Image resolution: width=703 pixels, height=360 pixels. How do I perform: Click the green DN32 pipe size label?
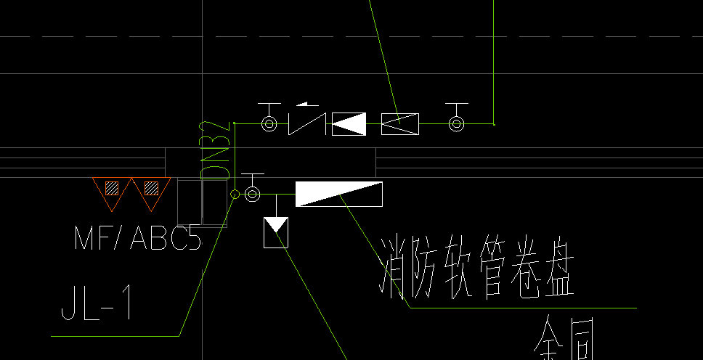point(216,151)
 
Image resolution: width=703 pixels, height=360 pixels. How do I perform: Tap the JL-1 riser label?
point(96,303)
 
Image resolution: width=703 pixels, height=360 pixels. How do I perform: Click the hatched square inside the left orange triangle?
point(111,188)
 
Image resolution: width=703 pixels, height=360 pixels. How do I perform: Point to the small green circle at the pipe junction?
point(235,194)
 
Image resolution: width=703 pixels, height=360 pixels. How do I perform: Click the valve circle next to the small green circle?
point(252,194)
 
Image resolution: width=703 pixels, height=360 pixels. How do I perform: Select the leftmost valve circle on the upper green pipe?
point(269,124)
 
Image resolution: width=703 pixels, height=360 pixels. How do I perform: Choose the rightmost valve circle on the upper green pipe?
point(456,124)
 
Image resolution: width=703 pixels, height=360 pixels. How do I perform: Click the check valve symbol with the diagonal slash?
point(306,124)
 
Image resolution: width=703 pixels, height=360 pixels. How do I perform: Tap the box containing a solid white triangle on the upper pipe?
point(349,124)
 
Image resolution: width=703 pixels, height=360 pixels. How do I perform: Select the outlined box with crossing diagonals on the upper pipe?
point(400,124)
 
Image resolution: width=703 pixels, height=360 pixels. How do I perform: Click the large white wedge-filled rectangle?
point(338,194)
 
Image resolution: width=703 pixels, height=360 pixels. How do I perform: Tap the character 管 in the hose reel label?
point(482,271)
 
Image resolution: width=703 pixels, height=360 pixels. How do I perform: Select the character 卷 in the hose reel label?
point(517,271)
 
